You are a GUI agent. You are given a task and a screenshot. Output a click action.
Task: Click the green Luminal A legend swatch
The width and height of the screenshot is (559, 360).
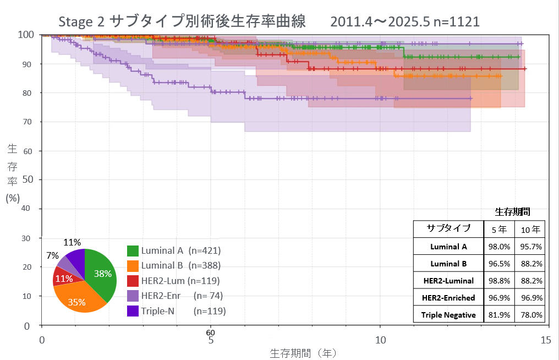coord(133,251)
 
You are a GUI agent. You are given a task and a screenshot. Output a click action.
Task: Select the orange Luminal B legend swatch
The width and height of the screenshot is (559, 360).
coord(133,266)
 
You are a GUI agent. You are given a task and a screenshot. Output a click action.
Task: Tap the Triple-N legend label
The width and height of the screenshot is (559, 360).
coord(158,311)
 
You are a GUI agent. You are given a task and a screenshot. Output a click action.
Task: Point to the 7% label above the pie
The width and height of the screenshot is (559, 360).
coord(52,256)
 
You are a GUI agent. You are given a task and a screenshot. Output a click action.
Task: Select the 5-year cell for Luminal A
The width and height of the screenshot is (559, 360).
coord(499,247)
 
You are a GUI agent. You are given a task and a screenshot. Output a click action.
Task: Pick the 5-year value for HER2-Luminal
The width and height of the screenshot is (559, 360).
coord(499,281)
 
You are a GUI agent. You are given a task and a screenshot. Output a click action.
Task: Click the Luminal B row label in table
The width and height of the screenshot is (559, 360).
coord(448,264)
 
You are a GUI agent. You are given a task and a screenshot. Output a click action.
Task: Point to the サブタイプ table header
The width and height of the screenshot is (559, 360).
coord(448,228)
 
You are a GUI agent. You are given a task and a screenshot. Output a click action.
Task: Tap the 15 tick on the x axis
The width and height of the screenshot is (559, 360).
coord(546,340)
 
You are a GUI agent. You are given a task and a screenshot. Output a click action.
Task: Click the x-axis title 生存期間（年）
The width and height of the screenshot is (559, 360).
coord(303,352)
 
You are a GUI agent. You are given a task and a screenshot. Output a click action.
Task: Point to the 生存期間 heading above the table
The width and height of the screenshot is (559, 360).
coord(513,212)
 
